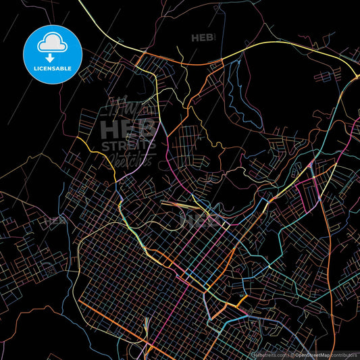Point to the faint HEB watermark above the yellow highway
[203, 38]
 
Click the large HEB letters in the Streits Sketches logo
[128, 128]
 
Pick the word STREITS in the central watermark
[128, 145]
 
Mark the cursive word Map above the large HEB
[128, 108]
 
